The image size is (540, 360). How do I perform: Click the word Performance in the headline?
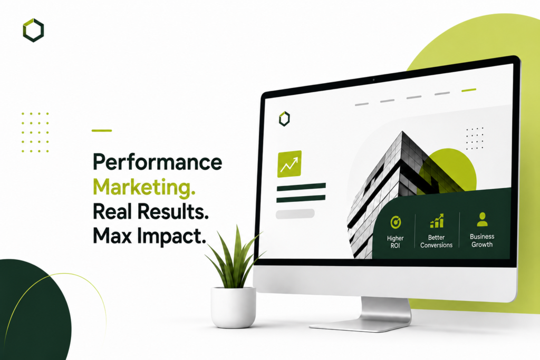point(157,162)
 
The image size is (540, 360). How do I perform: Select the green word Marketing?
point(144,188)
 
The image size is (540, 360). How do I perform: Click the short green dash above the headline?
point(102,130)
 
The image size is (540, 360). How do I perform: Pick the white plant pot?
point(233,307)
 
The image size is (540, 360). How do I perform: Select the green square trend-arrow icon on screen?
point(290,164)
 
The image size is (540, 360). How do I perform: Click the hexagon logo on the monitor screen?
point(284,119)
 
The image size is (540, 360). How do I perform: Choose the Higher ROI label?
point(395,242)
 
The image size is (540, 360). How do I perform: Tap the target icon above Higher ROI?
point(396,222)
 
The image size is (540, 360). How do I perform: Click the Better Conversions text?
point(436,241)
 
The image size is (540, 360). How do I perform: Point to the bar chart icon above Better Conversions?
point(437,221)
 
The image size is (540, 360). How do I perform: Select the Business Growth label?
point(482,240)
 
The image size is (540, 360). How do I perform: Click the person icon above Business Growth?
point(482,219)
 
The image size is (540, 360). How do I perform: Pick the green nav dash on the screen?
point(469,90)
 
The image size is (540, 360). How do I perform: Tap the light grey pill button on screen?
point(295,213)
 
